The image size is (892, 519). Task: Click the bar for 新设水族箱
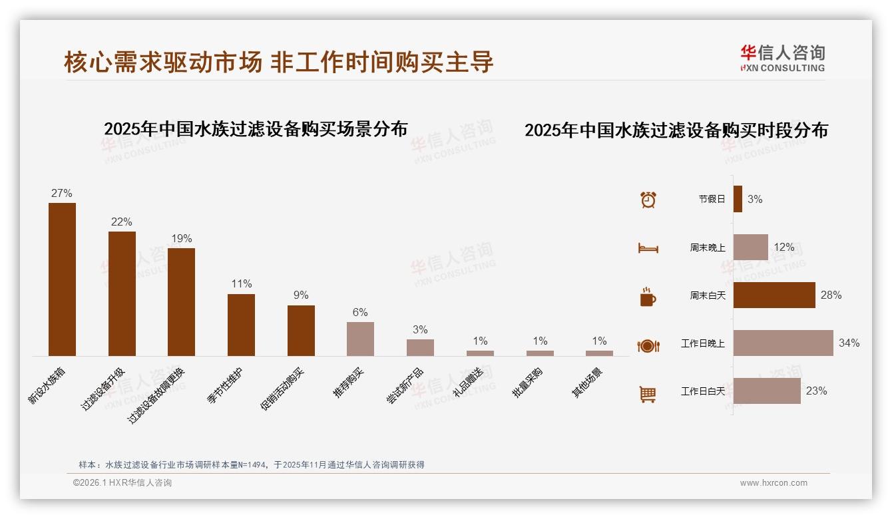[x=62, y=279]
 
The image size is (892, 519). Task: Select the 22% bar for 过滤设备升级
[x=122, y=293]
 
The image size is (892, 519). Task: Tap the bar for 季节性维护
[x=241, y=325]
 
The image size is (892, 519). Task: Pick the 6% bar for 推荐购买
[x=360, y=339]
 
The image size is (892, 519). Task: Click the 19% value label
[x=181, y=238]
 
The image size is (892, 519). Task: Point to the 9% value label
[x=301, y=295]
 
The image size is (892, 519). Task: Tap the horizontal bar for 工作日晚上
[x=783, y=343]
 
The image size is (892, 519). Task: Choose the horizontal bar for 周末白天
[x=774, y=295]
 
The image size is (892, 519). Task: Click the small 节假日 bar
[x=738, y=199]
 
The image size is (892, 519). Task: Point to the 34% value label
[x=849, y=343]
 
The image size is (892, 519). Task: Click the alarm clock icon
[x=648, y=199]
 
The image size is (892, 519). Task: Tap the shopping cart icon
[x=648, y=394]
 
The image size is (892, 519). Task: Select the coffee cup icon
[x=648, y=297]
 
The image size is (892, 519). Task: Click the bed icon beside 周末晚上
[x=648, y=248]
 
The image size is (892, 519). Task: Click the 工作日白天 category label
[x=702, y=391]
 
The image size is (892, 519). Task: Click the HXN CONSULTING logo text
[x=783, y=67]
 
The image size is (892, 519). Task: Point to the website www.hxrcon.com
[x=774, y=483]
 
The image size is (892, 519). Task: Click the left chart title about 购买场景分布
[x=256, y=128]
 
